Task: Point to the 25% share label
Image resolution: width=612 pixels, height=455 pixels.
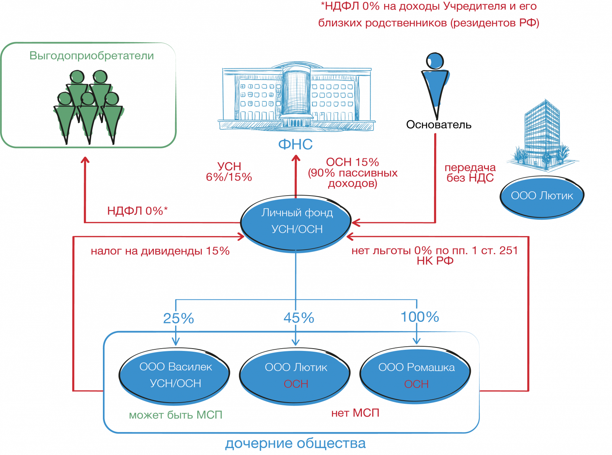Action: click(179, 318)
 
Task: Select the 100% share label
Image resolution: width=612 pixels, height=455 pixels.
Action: click(418, 316)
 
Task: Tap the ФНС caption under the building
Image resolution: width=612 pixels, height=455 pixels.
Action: click(295, 145)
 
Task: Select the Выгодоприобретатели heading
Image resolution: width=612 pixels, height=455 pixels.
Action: click(92, 56)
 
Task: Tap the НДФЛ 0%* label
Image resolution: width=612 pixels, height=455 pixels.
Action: click(137, 211)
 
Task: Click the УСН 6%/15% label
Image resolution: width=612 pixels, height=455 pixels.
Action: click(229, 171)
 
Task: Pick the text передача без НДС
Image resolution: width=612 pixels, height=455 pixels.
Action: click(470, 173)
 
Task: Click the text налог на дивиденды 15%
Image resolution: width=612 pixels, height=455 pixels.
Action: click(160, 251)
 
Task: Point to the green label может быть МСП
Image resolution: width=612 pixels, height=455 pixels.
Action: click(176, 415)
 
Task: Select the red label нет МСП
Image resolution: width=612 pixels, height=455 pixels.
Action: click(355, 413)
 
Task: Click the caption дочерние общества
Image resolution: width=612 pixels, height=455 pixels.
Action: click(295, 444)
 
